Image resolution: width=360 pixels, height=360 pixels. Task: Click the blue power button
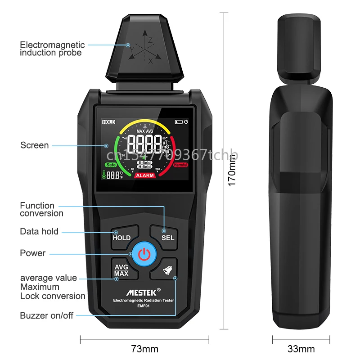pyautogui.click(x=144, y=254)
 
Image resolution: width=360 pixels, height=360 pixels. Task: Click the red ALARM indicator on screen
pyautogui.click(x=144, y=175)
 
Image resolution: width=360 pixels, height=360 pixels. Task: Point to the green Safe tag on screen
pyautogui.click(x=111, y=165)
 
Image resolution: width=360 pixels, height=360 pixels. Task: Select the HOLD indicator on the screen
pyautogui.click(x=108, y=122)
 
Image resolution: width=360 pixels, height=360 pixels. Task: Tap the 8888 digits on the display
pyautogui.click(x=144, y=144)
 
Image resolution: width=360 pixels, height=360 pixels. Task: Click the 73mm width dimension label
pyautogui.click(x=144, y=349)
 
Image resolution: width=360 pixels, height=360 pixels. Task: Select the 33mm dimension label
pyautogui.click(x=301, y=349)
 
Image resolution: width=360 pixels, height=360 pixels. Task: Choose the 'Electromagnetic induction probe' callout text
pyautogui.click(x=52, y=49)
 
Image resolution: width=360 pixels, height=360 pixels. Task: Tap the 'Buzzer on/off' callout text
pyautogui.click(x=46, y=315)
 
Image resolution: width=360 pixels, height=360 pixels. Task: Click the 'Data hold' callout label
pyautogui.click(x=39, y=231)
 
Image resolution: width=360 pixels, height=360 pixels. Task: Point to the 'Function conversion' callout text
pyautogui.click(x=41, y=209)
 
